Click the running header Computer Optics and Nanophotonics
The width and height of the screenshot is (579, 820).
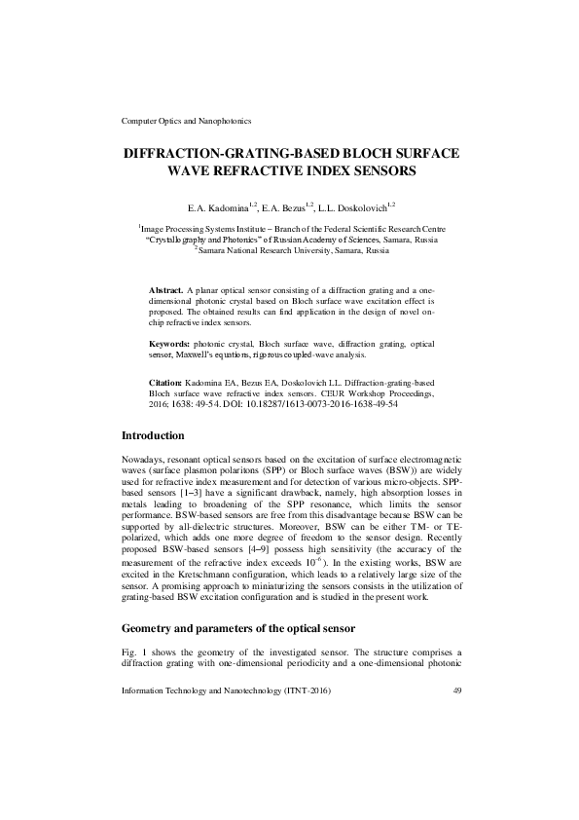point(186,121)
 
